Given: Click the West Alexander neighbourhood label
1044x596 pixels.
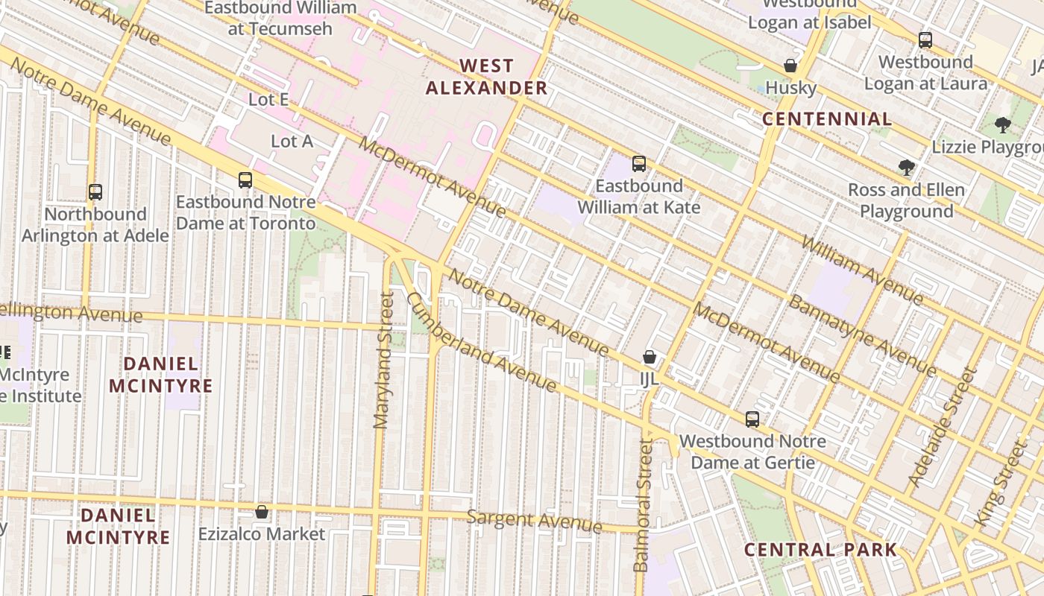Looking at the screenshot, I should pyautogui.click(x=486, y=77).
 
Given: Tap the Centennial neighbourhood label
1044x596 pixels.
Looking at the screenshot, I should pyautogui.click(x=827, y=119).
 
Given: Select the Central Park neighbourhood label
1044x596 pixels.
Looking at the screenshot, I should pyautogui.click(x=820, y=550).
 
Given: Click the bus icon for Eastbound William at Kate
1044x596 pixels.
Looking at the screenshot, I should pyautogui.click(x=638, y=164).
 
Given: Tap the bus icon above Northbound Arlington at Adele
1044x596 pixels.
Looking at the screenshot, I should pyautogui.click(x=95, y=192).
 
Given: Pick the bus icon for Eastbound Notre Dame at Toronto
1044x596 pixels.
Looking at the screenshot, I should pyautogui.click(x=245, y=180).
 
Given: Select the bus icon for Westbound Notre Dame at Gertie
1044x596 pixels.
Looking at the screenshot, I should pyautogui.click(x=752, y=419).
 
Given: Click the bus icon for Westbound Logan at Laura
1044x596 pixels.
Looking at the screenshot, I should pyautogui.click(x=925, y=40).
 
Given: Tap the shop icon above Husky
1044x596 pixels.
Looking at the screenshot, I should pyautogui.click(x=790, y=66).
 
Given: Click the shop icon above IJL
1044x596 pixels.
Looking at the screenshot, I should pyautogui.click(x=650, y=358).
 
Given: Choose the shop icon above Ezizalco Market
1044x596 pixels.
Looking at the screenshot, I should pyautogui.click(x=262, y=513).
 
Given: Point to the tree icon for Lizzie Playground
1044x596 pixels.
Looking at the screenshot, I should pyautogui.click(x=1003, y=125).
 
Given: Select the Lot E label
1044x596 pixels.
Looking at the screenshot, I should pyautogui.click(x=268, y=100).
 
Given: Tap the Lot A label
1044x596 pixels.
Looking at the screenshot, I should pyautogui.click(x=292, y=141).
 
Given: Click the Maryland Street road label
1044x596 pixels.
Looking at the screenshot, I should pyautogui.click(x=383, y=361).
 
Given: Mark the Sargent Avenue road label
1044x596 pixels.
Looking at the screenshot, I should pyautogui.click(x=534, y=521).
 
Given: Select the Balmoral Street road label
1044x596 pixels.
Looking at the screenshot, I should pyautogui.click(x=642, y=505).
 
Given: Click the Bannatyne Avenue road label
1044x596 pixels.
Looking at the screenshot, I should pyautogui.click(x=862, y=336).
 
